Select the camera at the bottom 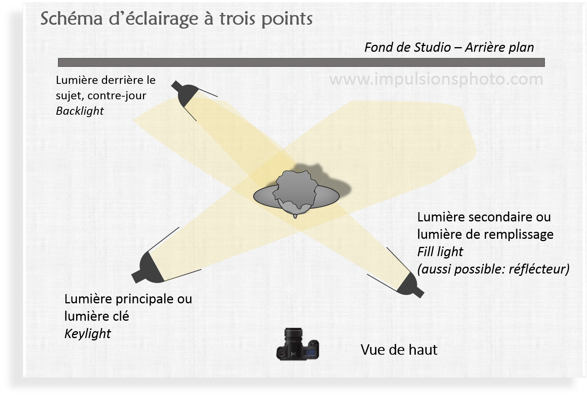pyautogui.click(x=297, y=345)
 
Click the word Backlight pyautogui.click(x=80, y=111)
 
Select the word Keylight pyautogui.click(x=87, y=334)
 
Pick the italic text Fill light pyautogui.click(x=440, y=252)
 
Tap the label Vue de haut pyautogui.click(x=399, y=350)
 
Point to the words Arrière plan pyautogui.click(x=499, y=48)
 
